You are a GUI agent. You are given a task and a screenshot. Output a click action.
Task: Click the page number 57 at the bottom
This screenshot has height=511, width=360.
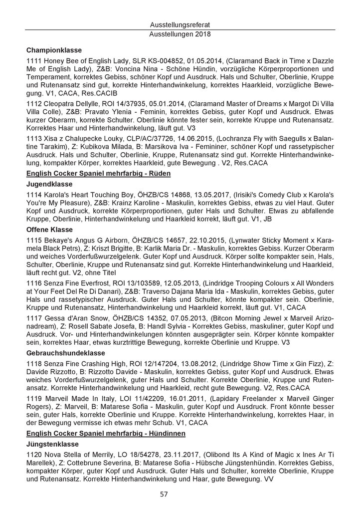tap(180, 495)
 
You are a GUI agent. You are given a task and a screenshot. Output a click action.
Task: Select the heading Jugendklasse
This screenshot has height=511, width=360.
tap(49, 184)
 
